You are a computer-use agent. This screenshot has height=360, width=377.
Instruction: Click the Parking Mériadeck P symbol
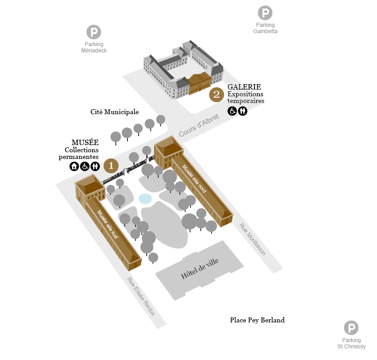pos(94,32)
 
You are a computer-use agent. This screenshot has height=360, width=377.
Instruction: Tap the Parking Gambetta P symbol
pos(265,13)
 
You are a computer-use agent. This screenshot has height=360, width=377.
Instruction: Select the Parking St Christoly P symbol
pos(351,328)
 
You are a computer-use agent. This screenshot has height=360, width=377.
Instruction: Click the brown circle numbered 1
pos(111,166)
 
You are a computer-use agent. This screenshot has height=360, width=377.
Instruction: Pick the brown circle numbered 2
pos(216,94)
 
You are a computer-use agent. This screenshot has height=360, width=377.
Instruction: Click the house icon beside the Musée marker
pos(74,166)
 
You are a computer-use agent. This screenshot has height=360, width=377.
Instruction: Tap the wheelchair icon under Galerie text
pos(232,111)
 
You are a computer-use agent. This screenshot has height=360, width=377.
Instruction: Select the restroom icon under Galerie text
pos(242,111)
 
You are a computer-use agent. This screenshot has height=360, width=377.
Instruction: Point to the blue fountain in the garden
pos(145,199)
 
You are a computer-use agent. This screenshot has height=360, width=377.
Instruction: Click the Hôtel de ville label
pos(200,269)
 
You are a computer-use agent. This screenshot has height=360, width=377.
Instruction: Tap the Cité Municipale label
pos(114,112)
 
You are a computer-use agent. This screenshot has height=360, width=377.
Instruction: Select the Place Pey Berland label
pos(257,320)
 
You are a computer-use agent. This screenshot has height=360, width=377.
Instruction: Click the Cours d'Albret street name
pos(199,125)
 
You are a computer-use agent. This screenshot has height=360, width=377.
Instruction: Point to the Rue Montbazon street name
pos(253,239)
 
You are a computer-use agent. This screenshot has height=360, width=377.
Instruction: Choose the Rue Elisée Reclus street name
pos(141,296)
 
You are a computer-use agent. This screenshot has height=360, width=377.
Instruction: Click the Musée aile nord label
pos(194,179)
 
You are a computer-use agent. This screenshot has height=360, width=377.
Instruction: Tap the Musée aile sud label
pos(107,224)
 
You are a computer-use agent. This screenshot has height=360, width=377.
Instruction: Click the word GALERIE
pos(244,87)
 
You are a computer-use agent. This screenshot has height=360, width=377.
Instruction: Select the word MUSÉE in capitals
pos(85,142)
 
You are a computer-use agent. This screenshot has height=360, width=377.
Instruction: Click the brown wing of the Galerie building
pos(199,84)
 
